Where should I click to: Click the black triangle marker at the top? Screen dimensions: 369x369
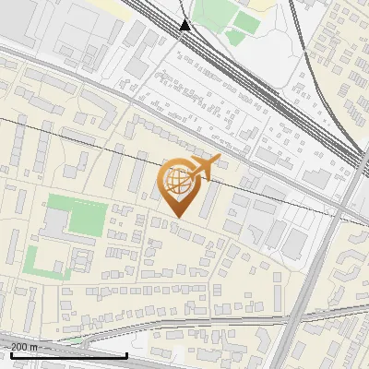pos(185,24)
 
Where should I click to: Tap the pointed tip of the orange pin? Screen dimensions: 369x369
pos(177,217)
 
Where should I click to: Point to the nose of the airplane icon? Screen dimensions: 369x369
pos(219,159)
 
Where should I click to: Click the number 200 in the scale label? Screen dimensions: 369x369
pos(19,346)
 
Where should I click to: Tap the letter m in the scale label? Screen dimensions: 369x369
pos(34,346)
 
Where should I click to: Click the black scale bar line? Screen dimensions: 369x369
pos(65,354)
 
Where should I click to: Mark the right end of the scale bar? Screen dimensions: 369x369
pos(126,354)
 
